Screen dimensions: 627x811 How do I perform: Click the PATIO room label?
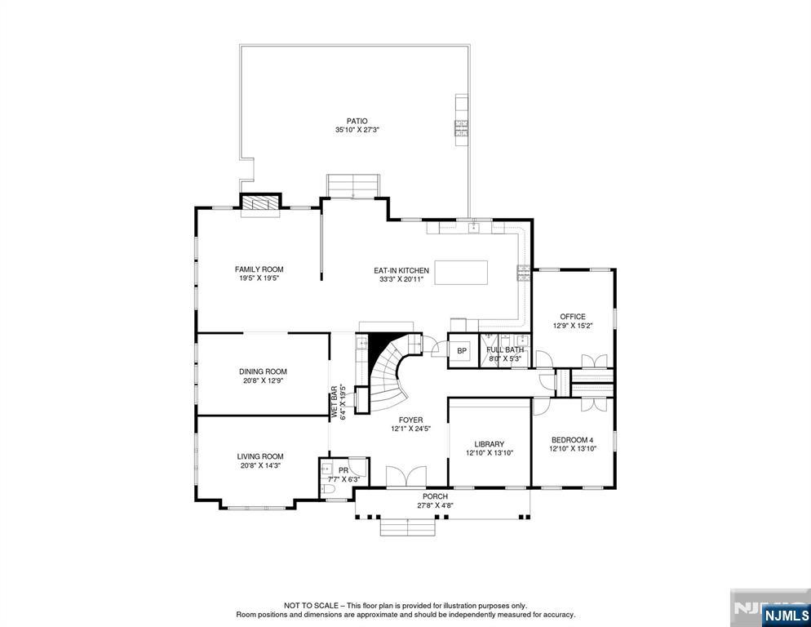pos(357,121)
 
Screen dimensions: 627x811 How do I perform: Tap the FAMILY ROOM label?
pos(259,269)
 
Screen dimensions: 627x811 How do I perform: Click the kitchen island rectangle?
pos(461,272)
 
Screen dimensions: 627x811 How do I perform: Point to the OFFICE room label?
pos(572,317)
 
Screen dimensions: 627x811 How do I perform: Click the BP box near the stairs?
pos(462,351)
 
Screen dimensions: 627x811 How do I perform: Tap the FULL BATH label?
pos(504,350)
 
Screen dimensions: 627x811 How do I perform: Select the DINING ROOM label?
pos(263,371)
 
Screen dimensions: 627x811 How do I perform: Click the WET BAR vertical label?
pos(334,402)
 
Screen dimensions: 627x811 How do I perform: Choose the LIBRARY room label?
pos(490,444)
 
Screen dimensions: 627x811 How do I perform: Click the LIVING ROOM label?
pos(260,456)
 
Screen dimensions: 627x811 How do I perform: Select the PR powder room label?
pos(343,471)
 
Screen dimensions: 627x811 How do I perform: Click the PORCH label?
pos(435,496)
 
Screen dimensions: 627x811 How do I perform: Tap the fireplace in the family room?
pos(260,204)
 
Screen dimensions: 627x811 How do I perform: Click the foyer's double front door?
pos(405,478)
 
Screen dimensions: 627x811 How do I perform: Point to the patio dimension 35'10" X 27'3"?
pos(357,130)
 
